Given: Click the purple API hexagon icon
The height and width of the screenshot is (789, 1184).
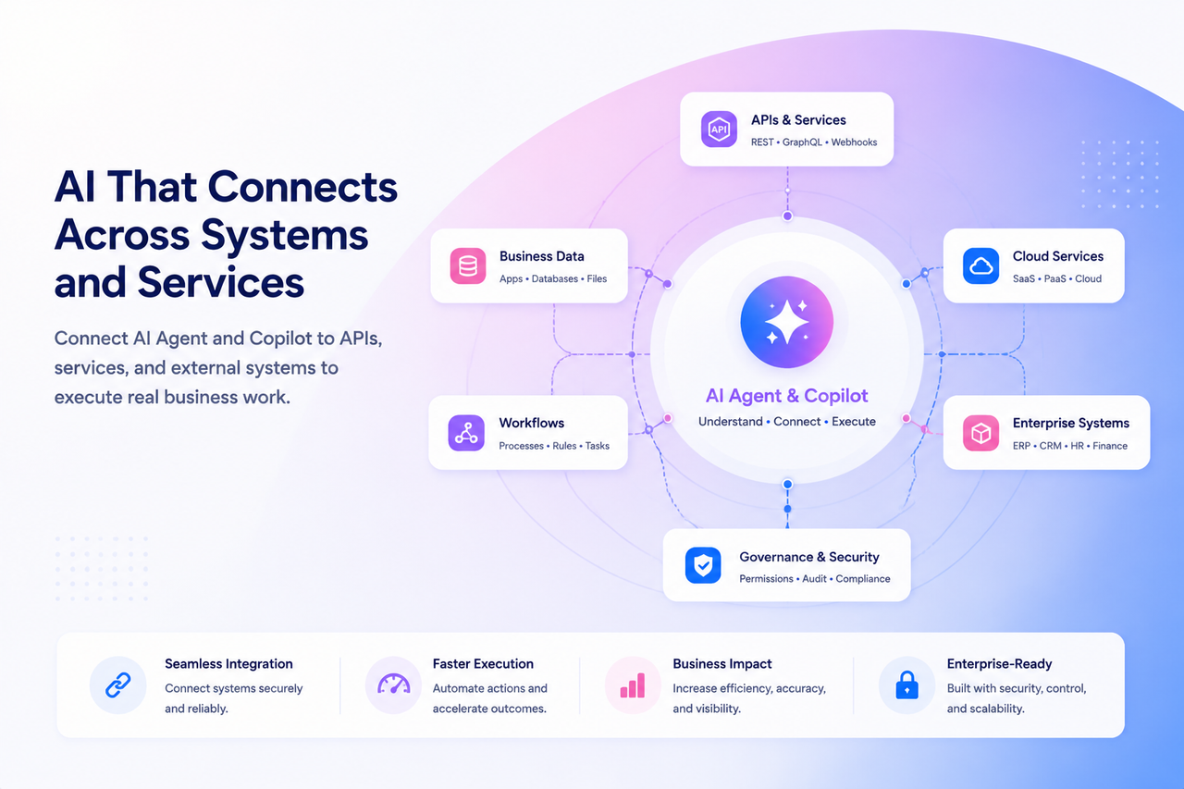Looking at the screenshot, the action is pos(719,129).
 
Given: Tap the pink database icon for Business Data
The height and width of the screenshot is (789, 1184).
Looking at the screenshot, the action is pos(468,265).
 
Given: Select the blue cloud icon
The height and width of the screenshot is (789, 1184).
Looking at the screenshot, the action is pos(981,265).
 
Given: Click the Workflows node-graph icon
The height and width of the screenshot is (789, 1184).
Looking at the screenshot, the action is pos(466,433).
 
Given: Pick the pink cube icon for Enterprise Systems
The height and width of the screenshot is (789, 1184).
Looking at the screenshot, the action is pos(981,433).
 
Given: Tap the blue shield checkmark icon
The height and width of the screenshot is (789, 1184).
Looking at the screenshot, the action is pos(703,565).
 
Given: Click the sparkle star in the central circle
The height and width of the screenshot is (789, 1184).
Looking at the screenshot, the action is pos(787,322).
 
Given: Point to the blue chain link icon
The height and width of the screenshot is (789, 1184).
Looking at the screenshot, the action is pos(117,684).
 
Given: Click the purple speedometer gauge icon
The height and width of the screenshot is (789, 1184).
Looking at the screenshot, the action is pos(394,684).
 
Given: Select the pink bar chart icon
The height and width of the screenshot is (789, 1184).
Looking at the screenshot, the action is pos(633,685).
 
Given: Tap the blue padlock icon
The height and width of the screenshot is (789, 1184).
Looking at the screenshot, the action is pos(907,684).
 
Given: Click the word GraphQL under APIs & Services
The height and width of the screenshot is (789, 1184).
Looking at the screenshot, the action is pos(802,142).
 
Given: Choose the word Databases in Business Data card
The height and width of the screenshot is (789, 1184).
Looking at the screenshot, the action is pos(554,279).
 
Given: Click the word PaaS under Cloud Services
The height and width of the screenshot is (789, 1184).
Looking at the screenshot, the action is pos(1055,279).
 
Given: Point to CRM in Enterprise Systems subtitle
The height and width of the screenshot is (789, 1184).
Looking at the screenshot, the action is pos(1050,446).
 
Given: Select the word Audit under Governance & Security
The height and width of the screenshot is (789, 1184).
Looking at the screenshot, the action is pos(814,579).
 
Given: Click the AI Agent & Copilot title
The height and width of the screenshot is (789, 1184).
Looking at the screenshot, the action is pos(787,395).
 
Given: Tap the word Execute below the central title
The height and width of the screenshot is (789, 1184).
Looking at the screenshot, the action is pos(854,422).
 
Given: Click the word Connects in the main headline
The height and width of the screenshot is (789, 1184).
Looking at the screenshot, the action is pos(302,187).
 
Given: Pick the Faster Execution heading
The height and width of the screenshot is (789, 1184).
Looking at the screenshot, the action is pos(483,664).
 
